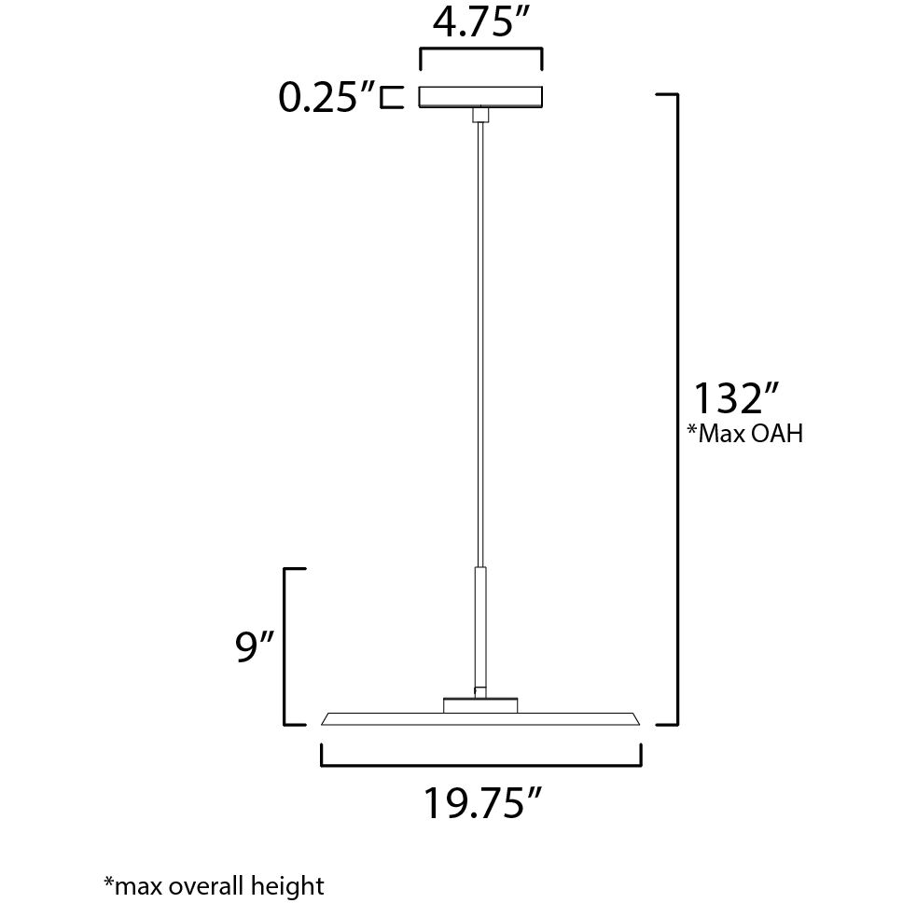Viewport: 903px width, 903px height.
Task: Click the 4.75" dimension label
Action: (x=481, y=23)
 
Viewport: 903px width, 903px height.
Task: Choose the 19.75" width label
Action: (x=483, y=802)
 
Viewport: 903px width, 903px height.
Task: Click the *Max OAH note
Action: (x=744, y=434)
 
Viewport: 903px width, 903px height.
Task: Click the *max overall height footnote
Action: (x=214, y=884)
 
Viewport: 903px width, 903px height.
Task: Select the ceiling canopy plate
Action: (x=481, y=97)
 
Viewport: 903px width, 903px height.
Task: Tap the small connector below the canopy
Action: (x=481, y=116)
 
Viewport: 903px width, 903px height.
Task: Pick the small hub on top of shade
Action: (x=480, y=705)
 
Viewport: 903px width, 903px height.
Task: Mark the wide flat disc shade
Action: (x=481, y=718)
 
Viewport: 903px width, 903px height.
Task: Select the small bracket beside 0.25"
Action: (x=392, y=97)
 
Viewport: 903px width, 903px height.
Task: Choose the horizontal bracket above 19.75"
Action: (x=481, y=764)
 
